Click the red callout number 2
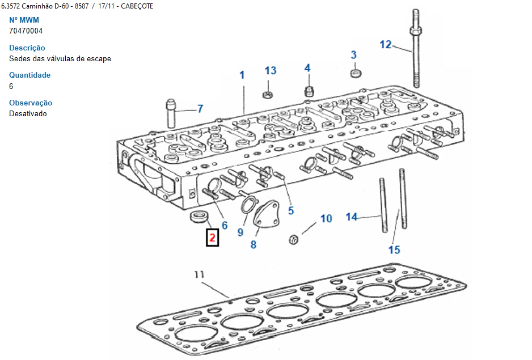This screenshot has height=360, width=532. click(x=212, y=238)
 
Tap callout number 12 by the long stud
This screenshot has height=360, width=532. click(x=386, y=44)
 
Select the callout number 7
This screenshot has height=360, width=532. click(x=200, y=108)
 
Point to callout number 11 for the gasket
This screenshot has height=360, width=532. click(x=199, y=274)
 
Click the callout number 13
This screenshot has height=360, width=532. click(x=271, y=70)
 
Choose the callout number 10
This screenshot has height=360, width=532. click(x=326, y=218)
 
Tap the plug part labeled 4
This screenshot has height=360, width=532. click(x=309, y=90)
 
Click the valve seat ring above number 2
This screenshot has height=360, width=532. click(x=199, y=216)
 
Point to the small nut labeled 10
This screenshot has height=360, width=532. click(x=294, y=239)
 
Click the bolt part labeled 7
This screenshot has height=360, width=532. click(x=171, y=113)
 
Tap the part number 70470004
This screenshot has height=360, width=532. click(x=26, y=31)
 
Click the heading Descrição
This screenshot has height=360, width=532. click(x=27, y=48)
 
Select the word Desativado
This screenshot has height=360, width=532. click(x=28, y=113)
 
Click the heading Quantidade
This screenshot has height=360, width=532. click(x=29, y=75)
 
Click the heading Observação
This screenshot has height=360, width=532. click(x=31, y=103)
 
